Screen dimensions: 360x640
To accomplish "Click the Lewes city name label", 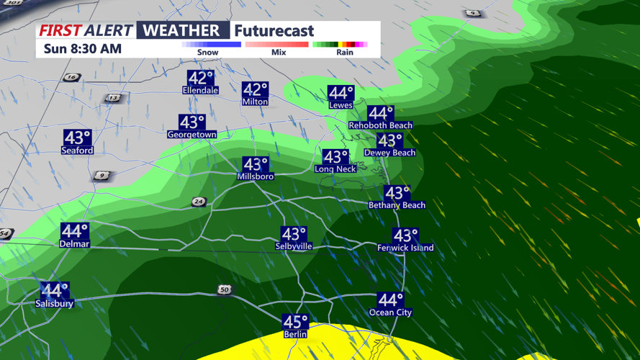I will [341, 105].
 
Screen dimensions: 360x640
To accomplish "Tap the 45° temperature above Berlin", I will [295, 322].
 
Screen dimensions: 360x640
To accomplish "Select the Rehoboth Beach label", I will [380, 125].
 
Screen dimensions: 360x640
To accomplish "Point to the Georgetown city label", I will [191, 135].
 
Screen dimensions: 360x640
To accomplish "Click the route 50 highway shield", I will [225, 290].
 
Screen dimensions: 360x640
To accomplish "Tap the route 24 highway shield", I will [199, 202].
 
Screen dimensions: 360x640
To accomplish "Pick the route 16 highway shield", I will [71, 78].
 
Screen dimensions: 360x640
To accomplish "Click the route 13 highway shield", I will [112, 98].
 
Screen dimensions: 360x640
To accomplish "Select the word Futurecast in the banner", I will [274, 31].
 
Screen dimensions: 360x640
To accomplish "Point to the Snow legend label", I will [209, 53].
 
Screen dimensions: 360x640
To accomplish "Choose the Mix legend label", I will [279, 53].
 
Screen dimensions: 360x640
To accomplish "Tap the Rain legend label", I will [345, 53].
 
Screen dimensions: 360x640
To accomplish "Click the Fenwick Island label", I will [405, 248].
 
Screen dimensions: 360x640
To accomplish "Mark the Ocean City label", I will [390, 312].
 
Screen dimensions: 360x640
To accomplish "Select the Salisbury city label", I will [55, 304].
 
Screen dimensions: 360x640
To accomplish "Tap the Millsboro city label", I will [256, 176].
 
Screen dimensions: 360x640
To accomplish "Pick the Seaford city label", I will [77, 150].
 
